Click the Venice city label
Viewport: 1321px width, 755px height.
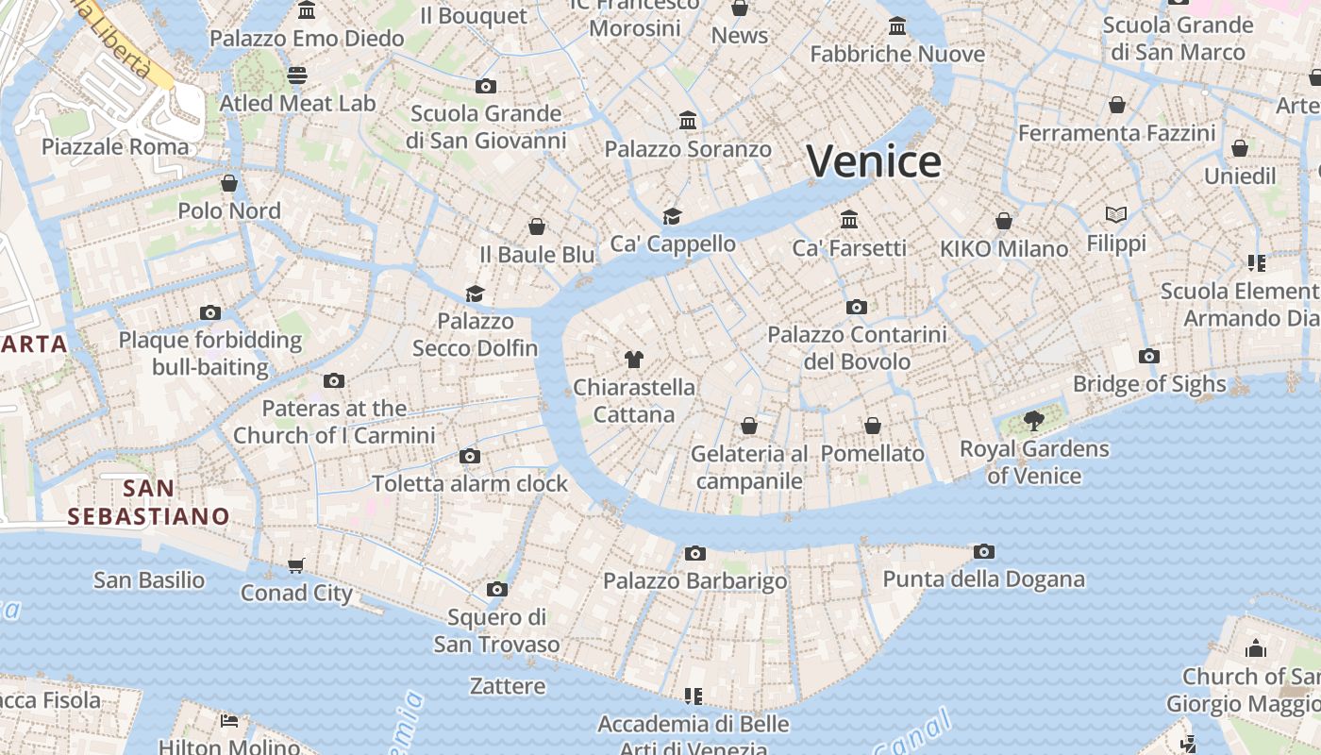(x=874, y=161)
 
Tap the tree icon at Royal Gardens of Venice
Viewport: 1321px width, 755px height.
(x=1034, y=421)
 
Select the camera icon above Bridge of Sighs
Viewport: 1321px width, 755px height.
(x=1148, y=356)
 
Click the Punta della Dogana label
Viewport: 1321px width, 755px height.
(x=983, y=579)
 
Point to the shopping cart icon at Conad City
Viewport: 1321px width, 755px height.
(x=296, y=565)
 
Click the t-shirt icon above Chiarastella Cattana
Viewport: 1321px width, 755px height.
(x=634, y=360)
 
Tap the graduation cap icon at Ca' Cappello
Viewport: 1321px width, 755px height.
(x=672, y=216)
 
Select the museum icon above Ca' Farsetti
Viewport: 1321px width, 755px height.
(x=849, y=219)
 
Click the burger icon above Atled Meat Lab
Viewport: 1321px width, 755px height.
(x=297, y=75)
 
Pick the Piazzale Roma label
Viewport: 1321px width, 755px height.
(x=115, y=147)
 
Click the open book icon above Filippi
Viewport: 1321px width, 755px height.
(x=1116, y=215)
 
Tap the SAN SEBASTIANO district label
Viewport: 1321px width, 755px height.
(x=148, y=502)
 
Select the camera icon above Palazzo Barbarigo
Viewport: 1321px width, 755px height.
(x=695, y=553)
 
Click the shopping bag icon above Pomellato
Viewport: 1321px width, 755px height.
(x=873, y=426)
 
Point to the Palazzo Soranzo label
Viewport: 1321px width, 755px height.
(x=688, y=149)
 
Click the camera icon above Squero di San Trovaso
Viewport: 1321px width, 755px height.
(x=497, y=590)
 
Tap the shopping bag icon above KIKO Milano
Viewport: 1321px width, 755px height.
(x=1004, y=221)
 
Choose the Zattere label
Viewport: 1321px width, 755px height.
(x=508, y=686)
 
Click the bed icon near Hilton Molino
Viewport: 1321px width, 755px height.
(x=228, y=722)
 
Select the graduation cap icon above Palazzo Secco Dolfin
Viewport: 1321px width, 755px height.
(x=475, y=294)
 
